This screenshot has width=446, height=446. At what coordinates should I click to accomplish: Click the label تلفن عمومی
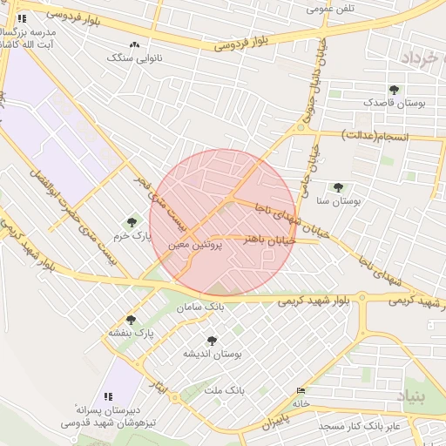[332, 9]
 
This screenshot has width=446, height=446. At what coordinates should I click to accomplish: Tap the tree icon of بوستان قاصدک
[395, 89]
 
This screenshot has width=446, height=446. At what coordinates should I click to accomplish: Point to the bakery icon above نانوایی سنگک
[134, 44]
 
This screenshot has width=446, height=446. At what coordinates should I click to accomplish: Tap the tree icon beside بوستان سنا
[338, 187]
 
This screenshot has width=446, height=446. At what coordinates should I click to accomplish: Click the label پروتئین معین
[197, 247]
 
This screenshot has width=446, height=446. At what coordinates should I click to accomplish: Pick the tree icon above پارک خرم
[132, 222]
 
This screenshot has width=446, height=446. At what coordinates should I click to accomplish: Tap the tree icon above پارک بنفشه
[131, 320]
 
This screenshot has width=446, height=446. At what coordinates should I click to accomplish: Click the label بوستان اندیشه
[211, 354]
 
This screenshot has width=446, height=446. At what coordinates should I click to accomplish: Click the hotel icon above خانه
[301, 390]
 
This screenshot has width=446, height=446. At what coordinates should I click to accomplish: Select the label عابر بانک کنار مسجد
[359, 426]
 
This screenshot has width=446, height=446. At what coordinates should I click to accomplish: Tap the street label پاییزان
[274, 424]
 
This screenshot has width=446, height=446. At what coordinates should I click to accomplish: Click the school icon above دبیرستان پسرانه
[109, 396]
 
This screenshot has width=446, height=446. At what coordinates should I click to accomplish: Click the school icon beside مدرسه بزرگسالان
[22, 17]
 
